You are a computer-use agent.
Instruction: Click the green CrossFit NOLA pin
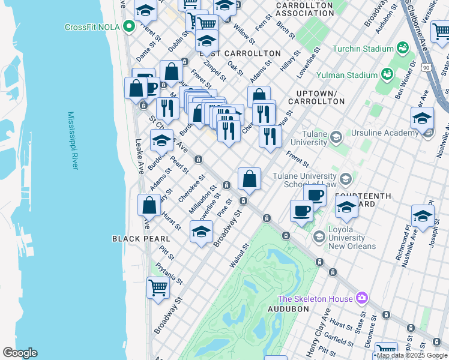point(128,26)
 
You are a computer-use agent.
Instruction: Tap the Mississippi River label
point(73,140)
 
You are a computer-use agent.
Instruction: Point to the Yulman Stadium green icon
point(387,74)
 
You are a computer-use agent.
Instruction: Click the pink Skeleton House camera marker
point(361,298)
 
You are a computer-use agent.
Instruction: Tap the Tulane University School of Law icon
point(346,179)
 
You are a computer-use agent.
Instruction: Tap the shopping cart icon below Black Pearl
point(158,288)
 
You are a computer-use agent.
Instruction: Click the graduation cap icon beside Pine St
point(202,232)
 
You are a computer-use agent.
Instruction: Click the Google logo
point(20,353)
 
